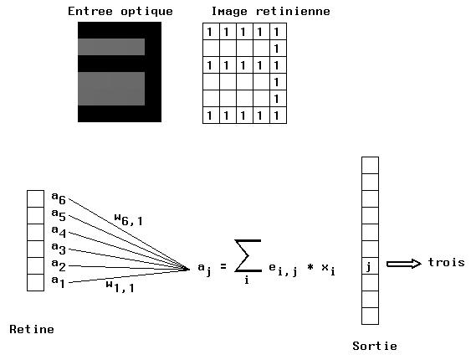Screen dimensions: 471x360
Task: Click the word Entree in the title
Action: pos(90,12)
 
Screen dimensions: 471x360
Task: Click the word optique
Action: pos(146,12)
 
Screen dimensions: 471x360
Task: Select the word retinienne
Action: pos(293,12)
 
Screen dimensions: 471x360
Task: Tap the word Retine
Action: pos(32,329)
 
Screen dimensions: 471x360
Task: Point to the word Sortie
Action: pos(375,346)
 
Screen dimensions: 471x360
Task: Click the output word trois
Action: pos(447,262)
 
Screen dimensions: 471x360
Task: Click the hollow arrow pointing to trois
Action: pos(404,264)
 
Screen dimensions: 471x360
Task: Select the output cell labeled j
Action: pos(370,265)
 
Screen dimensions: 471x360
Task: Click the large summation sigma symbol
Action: pos(248,255)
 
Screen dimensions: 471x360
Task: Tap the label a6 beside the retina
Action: pos(59,198)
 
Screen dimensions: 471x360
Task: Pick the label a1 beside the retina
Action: pos(59,281)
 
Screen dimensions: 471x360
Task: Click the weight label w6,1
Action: pos(129,219)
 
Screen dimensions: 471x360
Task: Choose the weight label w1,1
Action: pos(120,286)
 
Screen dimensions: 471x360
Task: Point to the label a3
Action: pos(59,248)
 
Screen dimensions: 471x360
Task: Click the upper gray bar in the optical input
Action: pos(111,47)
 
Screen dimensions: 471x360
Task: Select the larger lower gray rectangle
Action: pos(111,89)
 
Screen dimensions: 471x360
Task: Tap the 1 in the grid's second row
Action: pos(277,49)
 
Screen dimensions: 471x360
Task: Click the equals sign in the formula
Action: pos(223,266)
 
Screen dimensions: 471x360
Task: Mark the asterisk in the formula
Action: pos(310,266)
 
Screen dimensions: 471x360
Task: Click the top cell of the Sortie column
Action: pos(370,165)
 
